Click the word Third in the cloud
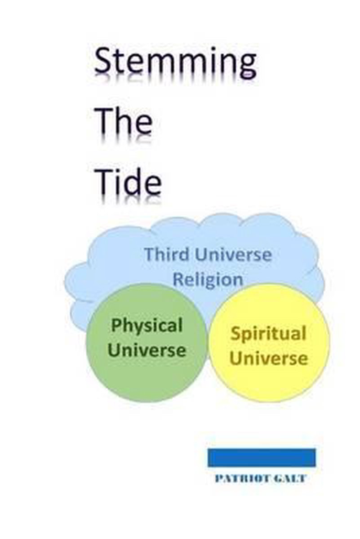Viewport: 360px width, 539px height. click(167, 254)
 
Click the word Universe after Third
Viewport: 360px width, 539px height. click(233, 255)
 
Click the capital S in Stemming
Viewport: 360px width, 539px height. click(103, 60)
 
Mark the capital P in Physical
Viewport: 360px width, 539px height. click(116, 325)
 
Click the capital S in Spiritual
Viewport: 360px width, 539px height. click(236, 334)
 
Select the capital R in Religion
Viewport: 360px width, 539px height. click(178, 279)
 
